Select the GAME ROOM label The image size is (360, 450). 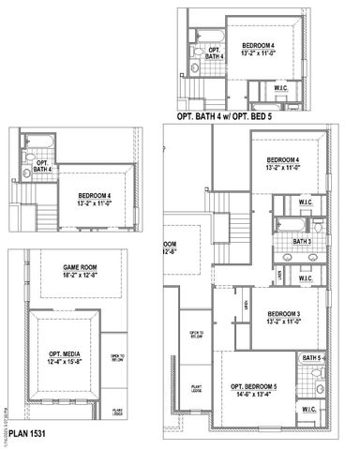(69, 266)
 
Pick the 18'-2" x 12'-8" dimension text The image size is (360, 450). (69, 276)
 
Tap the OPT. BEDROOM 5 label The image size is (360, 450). (254, 387)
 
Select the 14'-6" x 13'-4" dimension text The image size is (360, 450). (254, 396)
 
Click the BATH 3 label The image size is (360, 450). (301, 241)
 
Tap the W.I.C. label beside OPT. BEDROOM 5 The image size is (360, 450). (310, 409)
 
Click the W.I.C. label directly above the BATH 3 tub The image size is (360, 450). (305, 202)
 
